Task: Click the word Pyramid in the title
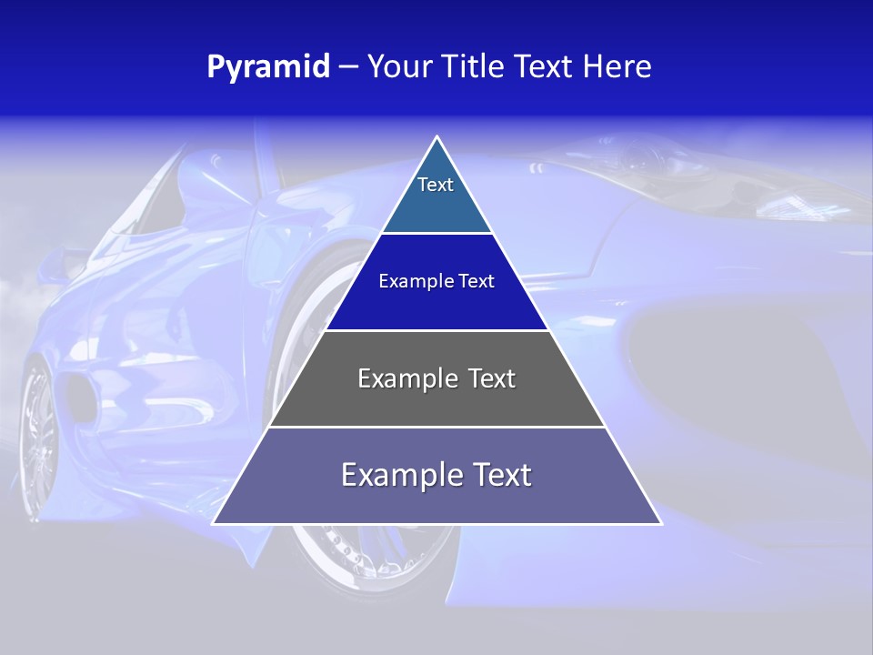point(268,67)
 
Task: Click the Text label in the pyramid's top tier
point(436,185)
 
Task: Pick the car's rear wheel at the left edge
point(36,437)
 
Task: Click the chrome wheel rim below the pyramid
point(364,555)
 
